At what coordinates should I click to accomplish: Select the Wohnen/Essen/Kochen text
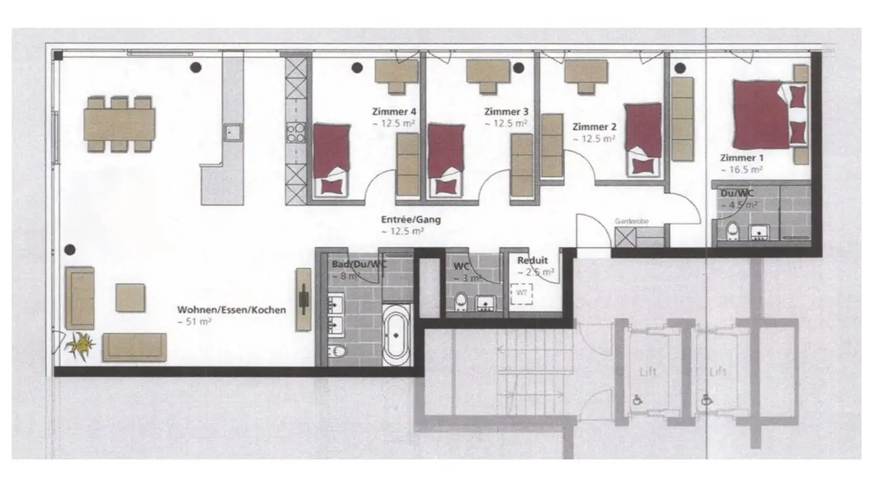231,310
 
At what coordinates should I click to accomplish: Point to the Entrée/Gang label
411,220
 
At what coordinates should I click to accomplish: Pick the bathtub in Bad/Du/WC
397,336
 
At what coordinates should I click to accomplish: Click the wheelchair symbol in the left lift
638,400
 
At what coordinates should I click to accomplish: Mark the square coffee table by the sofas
130,298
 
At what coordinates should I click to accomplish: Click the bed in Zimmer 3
445,158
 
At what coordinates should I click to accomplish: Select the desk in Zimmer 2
585,76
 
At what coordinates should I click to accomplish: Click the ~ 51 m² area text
194,322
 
